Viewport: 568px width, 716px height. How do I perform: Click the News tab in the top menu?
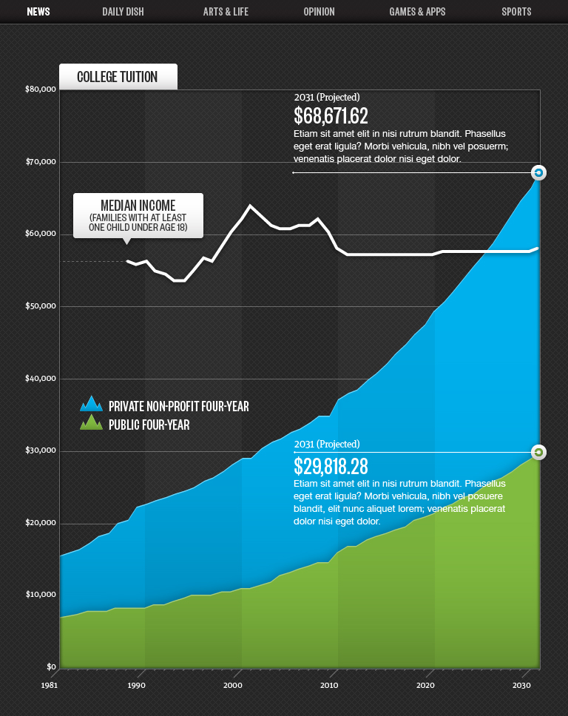[x=38, y=12]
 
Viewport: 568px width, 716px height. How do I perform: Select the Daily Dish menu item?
[x=123, y=12]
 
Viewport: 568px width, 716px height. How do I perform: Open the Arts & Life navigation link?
[x=226, y=12]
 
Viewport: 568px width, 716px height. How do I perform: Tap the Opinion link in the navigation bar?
[x=319, y=12]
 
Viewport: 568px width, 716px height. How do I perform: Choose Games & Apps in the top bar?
[x=417, y=12]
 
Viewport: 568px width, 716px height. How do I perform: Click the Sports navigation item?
[x=516, y=12]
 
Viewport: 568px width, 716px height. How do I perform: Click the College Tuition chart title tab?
[x=118, y=77]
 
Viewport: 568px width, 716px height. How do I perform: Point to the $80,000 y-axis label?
[x=41, y=89]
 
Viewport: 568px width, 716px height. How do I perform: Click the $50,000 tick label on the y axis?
[x=41, y=306]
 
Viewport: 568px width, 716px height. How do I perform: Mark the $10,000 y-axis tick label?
[x=41, y=595]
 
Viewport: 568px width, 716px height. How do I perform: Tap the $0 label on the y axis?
[x=51, y=666]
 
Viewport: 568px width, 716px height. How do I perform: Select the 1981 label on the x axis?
[x=50, y=685]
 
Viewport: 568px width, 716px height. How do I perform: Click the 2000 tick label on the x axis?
[x=232, y=685]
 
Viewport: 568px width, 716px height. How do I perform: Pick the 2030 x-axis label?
[x=522, y=685]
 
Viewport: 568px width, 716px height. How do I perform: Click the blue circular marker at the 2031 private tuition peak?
[x=538, y=172]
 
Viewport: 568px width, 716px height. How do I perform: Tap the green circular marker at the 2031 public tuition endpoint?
[x=538, y=452]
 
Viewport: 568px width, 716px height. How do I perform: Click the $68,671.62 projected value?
[x=331, y=116]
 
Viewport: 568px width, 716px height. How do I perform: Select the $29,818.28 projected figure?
[x=331, y=467]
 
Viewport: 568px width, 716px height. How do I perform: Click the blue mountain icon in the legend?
[x=92, y=404]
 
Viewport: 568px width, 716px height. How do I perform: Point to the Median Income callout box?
[x=138, y=215]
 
